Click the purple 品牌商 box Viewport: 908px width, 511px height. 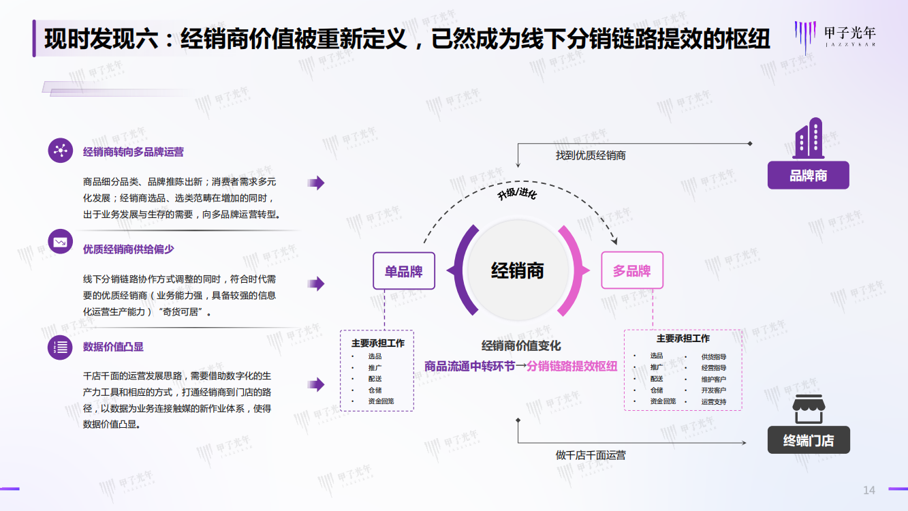(x=809, y=175)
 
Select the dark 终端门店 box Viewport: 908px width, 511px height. (x=809, y=440)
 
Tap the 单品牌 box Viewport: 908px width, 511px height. (x=404, y=271)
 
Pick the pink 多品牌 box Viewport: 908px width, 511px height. (x=632, y=270)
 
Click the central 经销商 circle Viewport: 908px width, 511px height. (x=518, y=270)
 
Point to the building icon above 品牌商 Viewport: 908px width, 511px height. (x=809, y=138)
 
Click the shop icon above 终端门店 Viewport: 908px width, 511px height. (x=809, y=409)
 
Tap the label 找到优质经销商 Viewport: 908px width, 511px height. (x=591, y=155)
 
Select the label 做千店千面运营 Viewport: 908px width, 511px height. (x=591, y=455)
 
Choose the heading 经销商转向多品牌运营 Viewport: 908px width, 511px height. (x=134, y=152)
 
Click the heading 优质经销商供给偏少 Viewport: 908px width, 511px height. (x=129, y=249)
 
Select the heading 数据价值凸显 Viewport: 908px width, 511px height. (x=113, y=347)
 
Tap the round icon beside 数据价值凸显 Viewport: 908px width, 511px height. (x=61, y=347)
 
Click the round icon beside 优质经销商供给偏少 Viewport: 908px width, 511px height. (x=61, y=242)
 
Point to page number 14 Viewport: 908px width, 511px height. (x=869, y=491)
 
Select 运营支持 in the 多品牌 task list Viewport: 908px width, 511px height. (x=714, y=402)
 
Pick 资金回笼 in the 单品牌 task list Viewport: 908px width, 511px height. (x=381, y=401)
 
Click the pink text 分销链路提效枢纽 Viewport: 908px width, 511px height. (x=572, y=367)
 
